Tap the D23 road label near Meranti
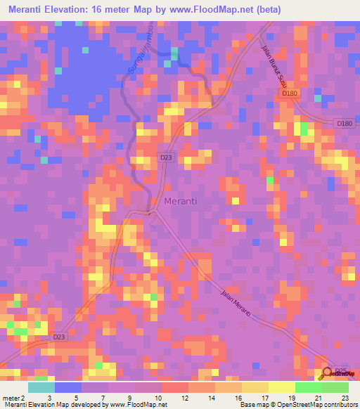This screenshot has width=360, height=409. tap(166, 158)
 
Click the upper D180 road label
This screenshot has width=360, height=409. tap(290, 93)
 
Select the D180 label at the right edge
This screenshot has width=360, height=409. tap(344, 124)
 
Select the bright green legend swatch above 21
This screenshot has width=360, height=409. tap(309, 387)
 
